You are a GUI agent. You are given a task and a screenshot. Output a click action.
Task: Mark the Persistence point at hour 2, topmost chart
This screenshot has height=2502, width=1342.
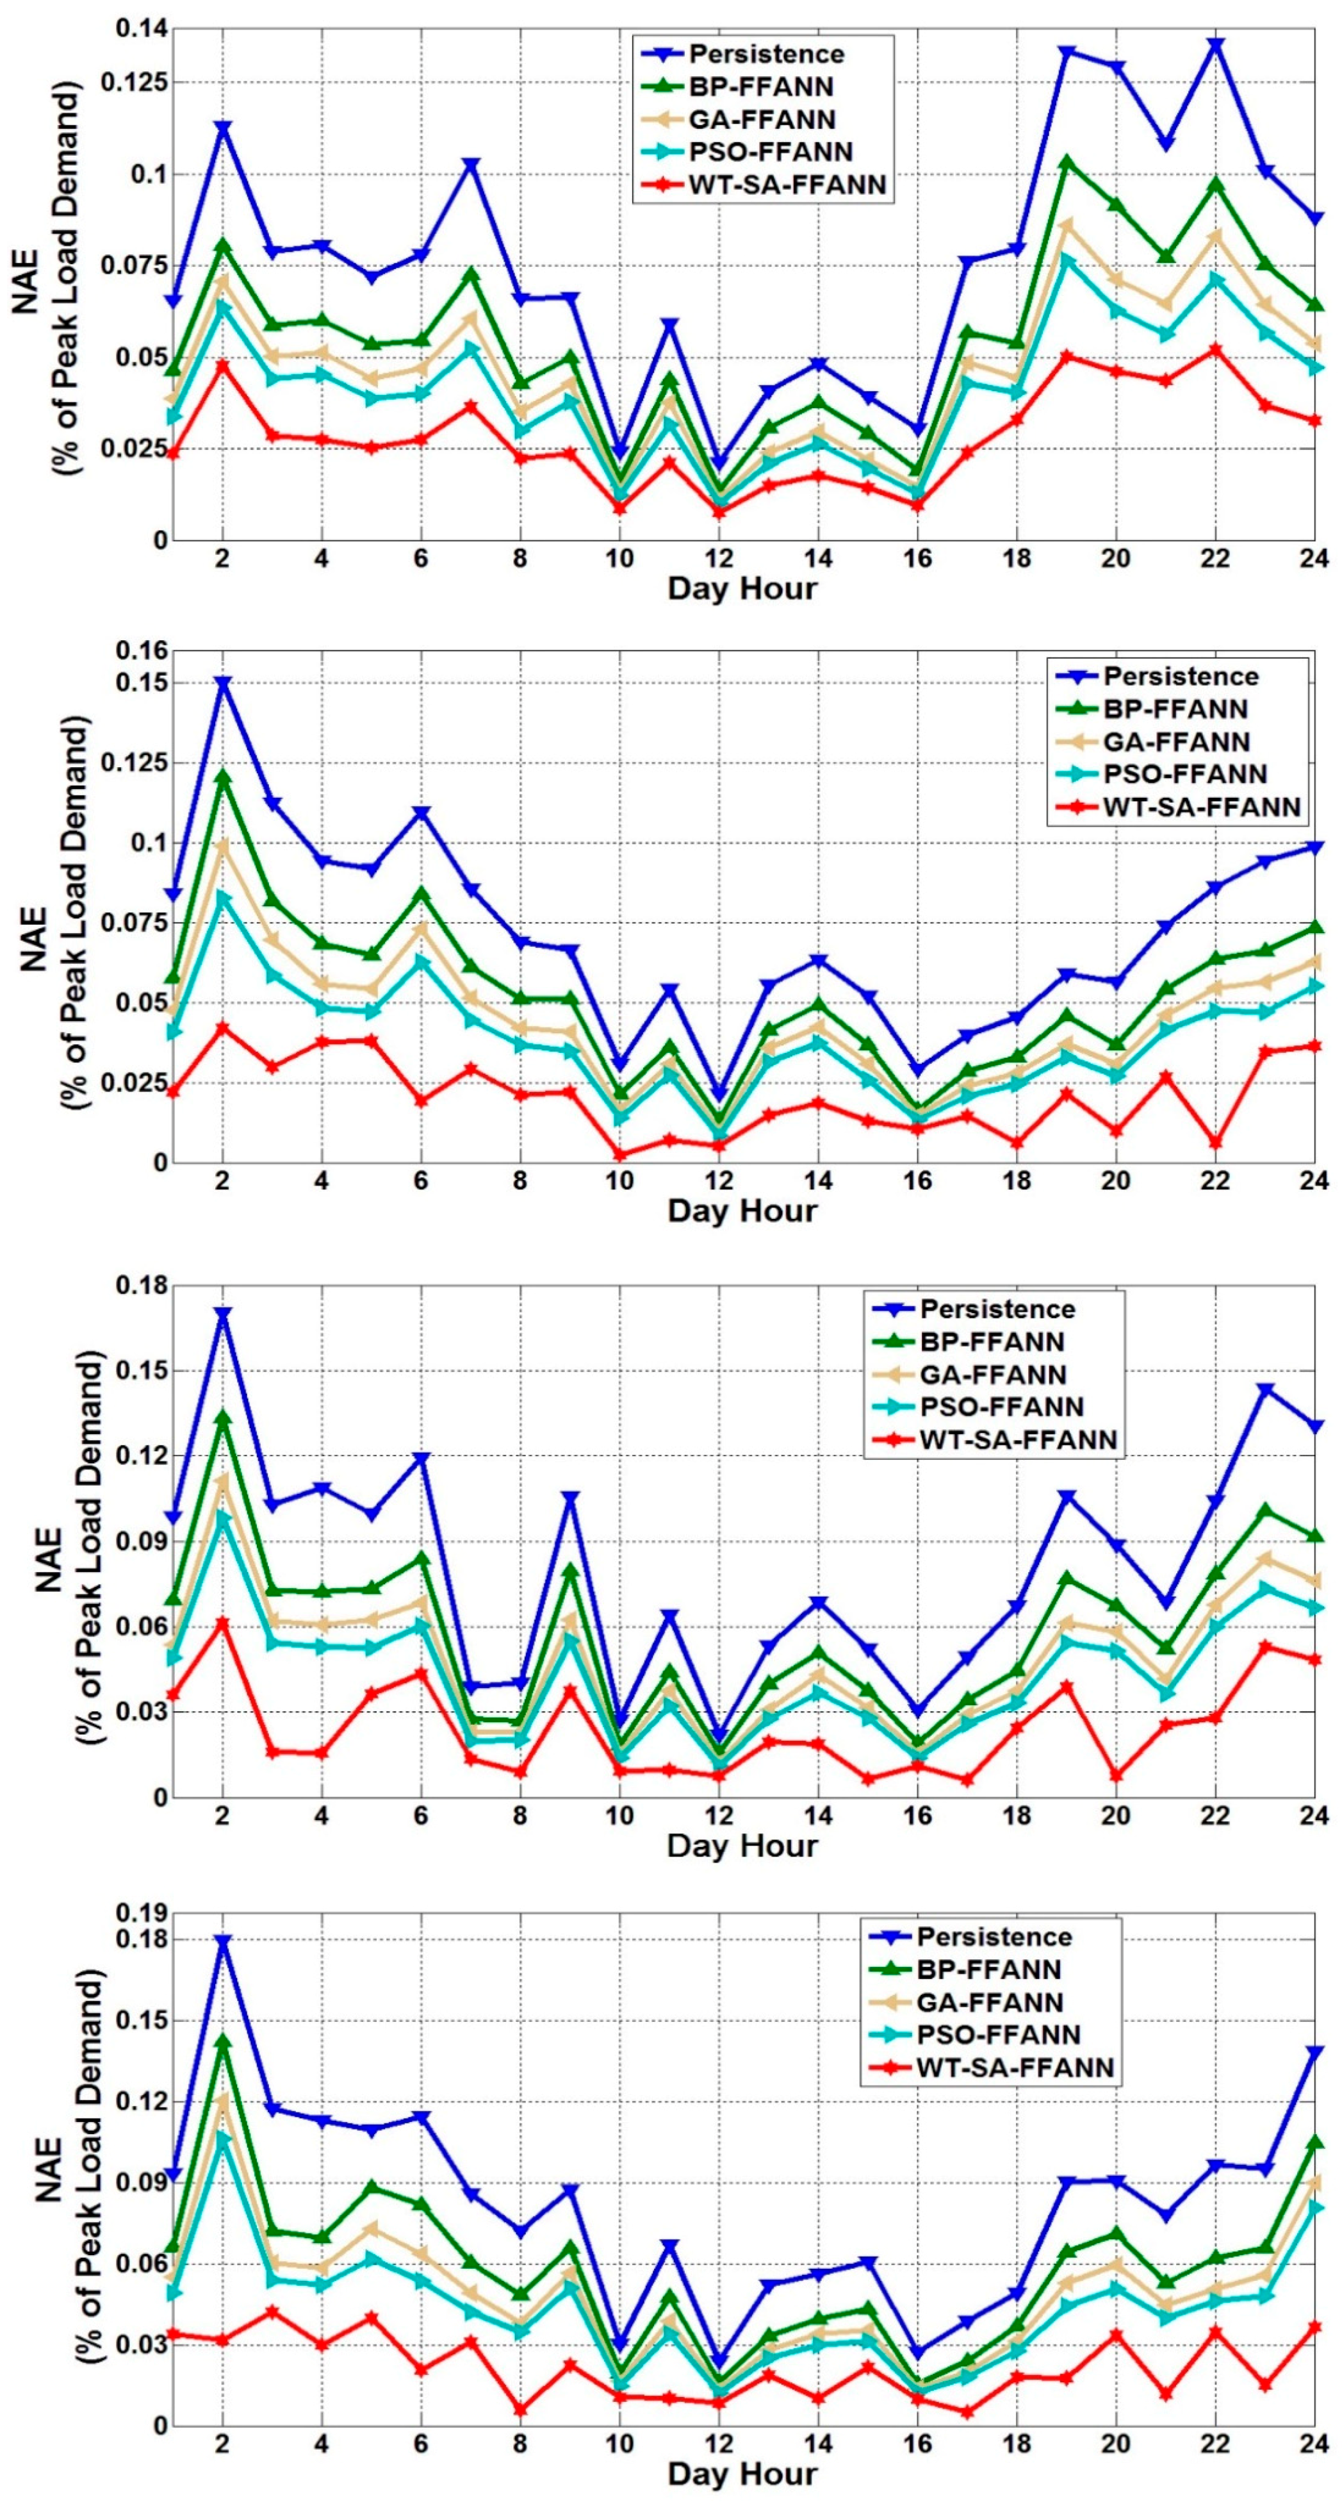tap(222, 128)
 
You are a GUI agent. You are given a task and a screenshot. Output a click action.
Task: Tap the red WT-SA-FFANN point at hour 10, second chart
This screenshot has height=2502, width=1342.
tap(619, 1155)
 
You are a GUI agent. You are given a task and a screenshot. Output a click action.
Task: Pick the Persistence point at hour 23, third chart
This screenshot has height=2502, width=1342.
tap(1265, 1390)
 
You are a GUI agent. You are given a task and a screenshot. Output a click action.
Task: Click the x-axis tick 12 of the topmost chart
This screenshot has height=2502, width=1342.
tap(719, 558)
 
